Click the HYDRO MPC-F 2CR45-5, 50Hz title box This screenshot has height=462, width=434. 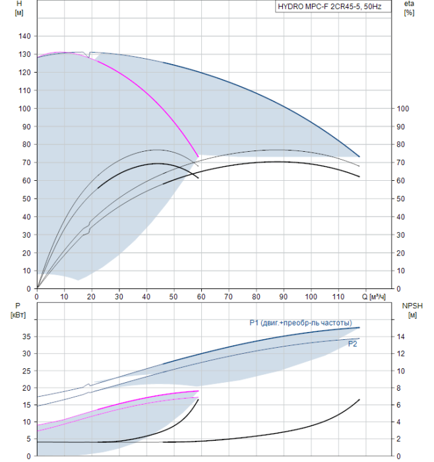tap(333, 7)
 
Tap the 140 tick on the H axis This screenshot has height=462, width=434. tap(24, 36)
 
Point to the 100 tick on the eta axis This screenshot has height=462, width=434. tap(403, 109)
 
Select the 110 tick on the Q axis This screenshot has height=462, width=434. tap(338, 296)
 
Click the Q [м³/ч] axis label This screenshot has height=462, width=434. tap(373, 296)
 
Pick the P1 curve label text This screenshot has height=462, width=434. tap(301, 323)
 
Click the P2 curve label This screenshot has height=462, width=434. tap(352, 344)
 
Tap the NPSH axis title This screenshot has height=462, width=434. tap(412, 310)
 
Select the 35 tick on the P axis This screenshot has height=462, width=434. tap(26, 337)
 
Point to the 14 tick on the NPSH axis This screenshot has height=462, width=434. tap(401, 337)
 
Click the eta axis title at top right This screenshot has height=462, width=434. tap(410, 8)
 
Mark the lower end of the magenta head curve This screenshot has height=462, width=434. tap(198, 156)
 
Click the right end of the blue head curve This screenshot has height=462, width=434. tap(359, 156)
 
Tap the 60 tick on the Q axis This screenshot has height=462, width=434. tap(201, 296)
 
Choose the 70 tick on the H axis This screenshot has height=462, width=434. tap(26, 162)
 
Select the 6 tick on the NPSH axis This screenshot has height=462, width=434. tap(398, 405)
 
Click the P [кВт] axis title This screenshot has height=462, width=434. tap(18, 310)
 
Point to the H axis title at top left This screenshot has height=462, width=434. tap(19, 8)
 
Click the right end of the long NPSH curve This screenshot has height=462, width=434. tap(359, 400)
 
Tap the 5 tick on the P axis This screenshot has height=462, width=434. tap(28, 439)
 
